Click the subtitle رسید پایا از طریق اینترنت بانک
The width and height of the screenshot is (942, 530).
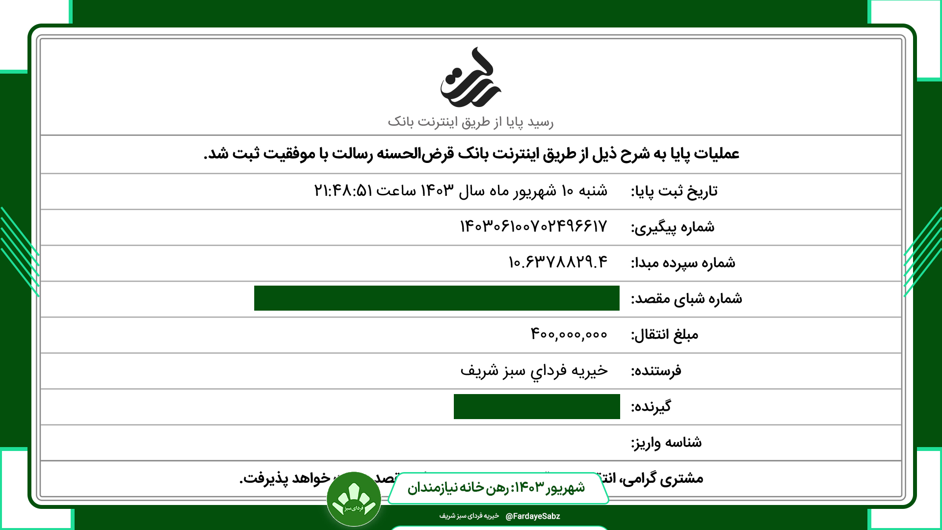pos(471,122)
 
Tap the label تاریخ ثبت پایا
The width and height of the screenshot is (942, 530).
pos(674,191)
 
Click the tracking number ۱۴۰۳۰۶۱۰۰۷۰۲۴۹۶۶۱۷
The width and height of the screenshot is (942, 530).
pos(533,226)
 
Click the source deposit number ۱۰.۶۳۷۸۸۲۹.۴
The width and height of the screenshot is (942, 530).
pos(558,262)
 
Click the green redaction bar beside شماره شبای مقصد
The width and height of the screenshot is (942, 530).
pos(437,298)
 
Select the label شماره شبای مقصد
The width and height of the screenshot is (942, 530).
pos(686,299)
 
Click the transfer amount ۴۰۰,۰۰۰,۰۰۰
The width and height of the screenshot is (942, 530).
pos(569,334)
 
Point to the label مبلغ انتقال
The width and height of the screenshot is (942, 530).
pos(664,335)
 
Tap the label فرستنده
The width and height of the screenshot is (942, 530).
pos(656,371)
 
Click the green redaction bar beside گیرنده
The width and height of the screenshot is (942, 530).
pos(537,406)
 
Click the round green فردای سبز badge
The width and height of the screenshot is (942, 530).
pos(354,499)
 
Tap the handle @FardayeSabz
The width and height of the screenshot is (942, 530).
pos(533,516)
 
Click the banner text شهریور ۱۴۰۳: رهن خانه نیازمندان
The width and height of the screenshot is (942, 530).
pos(496,487)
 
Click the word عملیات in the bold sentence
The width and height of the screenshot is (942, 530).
pos(717,154)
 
